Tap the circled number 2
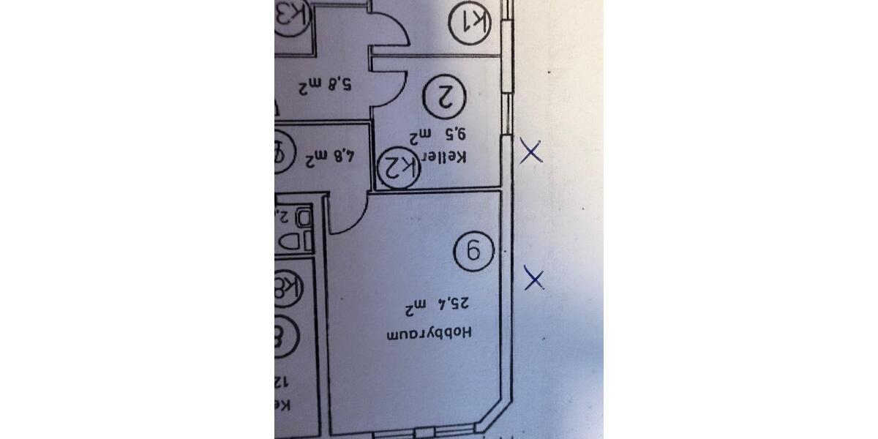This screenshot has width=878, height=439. (x=446, y=97)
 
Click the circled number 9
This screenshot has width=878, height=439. (x=472, y=252)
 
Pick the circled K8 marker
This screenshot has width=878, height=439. (x=285, y=286)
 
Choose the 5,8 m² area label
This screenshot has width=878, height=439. (x=324, y=86)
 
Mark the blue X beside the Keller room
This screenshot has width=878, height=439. (x=530, y=153)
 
